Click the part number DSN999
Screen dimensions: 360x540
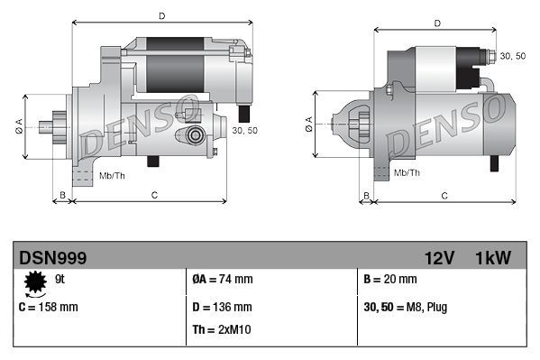click(x=53, y=258)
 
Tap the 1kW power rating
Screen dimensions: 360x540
click(x=493, y=258)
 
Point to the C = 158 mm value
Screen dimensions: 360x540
click(x=49, y=307)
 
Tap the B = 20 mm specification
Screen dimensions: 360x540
click(x=390, y=280)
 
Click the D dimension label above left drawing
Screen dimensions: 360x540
click(x=161, y=16)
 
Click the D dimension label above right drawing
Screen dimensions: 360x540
click(x=436, y=23)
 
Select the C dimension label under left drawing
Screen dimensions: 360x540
click(x=154, y=194)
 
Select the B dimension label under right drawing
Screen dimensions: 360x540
click(x=366, y=194)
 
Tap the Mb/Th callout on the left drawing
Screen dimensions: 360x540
click(x=113, y=175)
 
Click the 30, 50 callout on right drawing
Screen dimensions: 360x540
click(x=512, y=56)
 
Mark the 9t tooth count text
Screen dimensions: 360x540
click(x=60, y=280)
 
